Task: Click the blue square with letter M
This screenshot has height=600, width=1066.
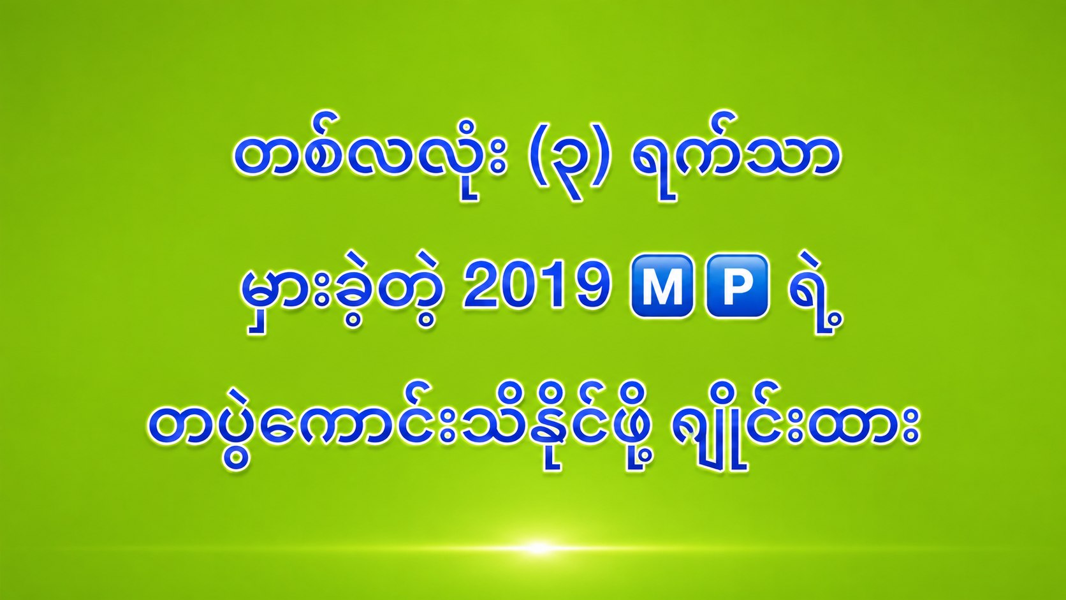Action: click(662, 286)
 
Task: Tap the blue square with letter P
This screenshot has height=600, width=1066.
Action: click(737, 286)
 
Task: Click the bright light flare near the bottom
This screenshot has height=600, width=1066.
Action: click(537, 548)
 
